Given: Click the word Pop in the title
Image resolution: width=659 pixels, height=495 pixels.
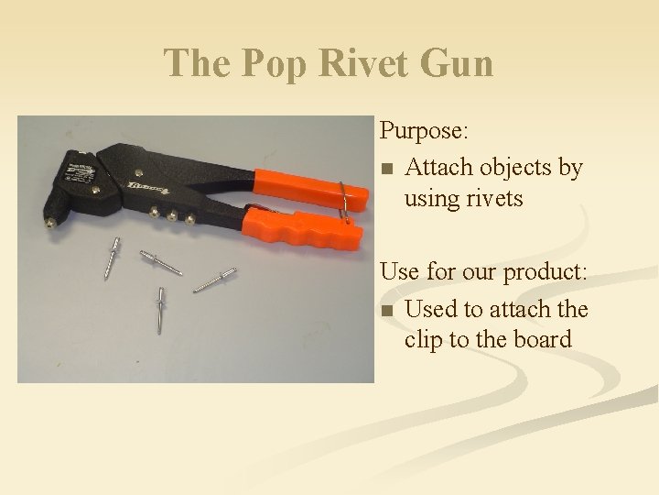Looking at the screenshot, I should click(x=269, y=64).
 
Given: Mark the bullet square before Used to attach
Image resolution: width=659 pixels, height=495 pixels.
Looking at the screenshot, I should click(x=387, y=312).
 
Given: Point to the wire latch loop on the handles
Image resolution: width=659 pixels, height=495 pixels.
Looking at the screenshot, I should click(x=342, y=200).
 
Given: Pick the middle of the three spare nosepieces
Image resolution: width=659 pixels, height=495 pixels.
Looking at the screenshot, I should click(x=171, y=215).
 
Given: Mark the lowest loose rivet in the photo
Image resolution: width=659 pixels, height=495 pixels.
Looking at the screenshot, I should click(x=160, y=308).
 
